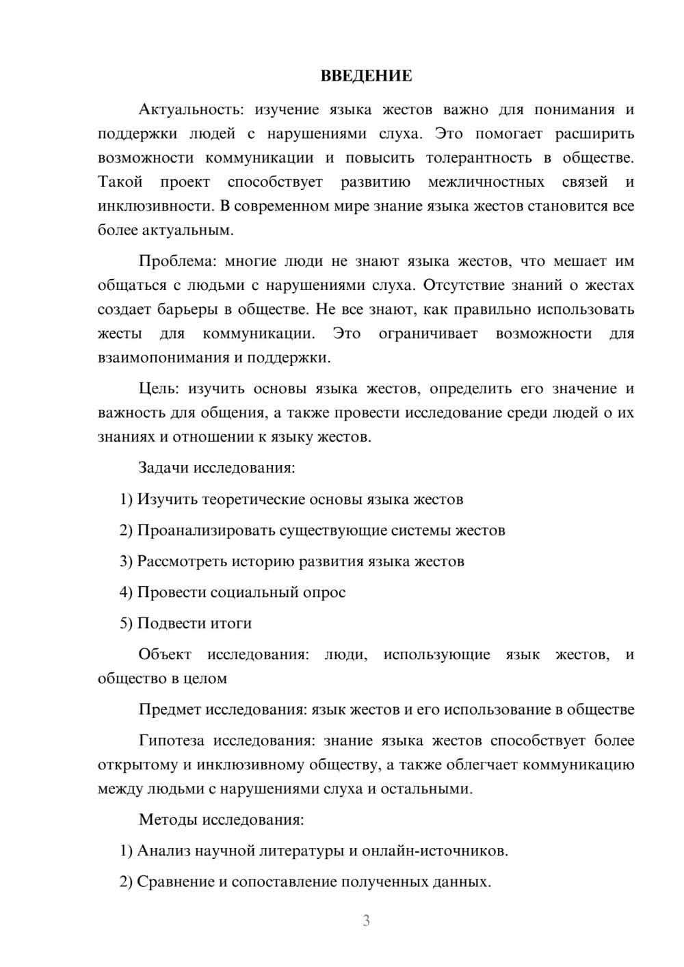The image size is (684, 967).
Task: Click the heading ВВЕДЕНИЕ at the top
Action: point(366,76)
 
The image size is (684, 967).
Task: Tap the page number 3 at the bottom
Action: point(366,920)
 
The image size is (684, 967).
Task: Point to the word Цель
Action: point(159,389)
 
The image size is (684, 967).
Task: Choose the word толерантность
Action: point(479,158)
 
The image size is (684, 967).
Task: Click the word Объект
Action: point(165,654)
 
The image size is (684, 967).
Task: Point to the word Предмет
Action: point(170,710)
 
